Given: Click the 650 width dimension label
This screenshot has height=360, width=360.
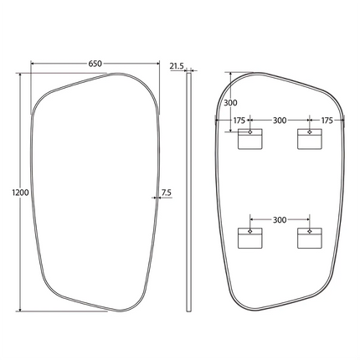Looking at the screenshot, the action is [x=95, y=64].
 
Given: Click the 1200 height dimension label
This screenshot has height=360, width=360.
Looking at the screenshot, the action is [x=21, y=193].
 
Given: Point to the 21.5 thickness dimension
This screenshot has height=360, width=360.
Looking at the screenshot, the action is [x=177, y=66].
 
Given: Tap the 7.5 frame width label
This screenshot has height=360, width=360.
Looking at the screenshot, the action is [x=167, y=193].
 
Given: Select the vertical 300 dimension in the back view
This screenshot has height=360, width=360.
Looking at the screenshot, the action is [x=230, y=103].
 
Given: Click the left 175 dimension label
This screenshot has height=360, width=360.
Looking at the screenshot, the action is [x=239, y=121].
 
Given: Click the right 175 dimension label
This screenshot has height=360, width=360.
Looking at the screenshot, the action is [x=327, y=121].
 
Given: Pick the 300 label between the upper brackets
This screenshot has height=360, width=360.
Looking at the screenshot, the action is [x=280, y=121].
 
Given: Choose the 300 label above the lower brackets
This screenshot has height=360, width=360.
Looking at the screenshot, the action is [x=280, y=220].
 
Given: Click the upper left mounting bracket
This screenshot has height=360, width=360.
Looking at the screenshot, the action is [x=250, y=139].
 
